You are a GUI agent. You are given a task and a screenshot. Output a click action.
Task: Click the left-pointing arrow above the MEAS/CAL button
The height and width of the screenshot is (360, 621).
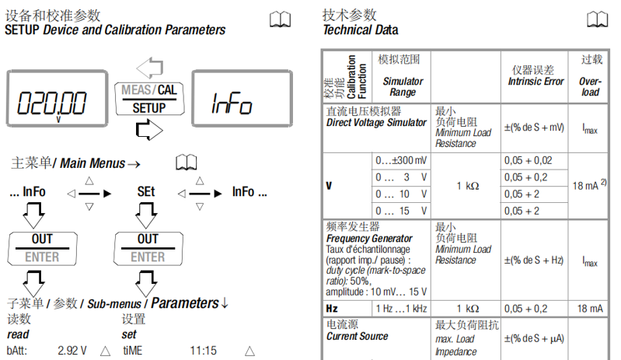click(148, 66)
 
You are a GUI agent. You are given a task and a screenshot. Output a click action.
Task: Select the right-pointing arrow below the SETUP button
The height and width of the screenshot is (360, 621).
click(148, 130)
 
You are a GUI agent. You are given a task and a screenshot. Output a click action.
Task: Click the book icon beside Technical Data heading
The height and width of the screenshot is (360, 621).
click(597, 20)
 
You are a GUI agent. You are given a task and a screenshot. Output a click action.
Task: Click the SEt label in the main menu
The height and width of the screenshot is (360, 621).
click(146, 192)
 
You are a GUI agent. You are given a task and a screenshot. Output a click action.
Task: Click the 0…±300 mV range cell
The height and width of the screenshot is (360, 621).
click(401, 160)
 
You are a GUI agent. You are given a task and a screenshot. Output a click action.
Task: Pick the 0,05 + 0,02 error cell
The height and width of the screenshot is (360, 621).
click(528, 160)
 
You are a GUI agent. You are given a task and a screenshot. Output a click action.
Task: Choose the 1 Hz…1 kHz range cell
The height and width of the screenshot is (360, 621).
click(401, 309)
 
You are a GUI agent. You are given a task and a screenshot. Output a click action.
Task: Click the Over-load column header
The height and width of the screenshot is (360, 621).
click(590, 75)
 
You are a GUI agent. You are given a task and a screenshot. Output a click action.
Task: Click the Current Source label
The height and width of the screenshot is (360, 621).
click(358, 336)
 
